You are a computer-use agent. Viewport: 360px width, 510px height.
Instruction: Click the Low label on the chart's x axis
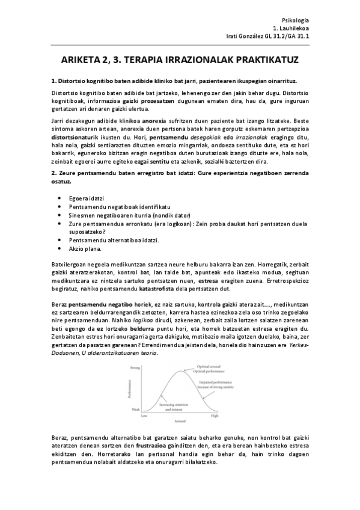[144, 416]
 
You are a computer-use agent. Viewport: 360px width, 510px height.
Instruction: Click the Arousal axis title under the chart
[179, 421]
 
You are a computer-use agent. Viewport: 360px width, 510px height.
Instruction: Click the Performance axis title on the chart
[127, 389]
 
